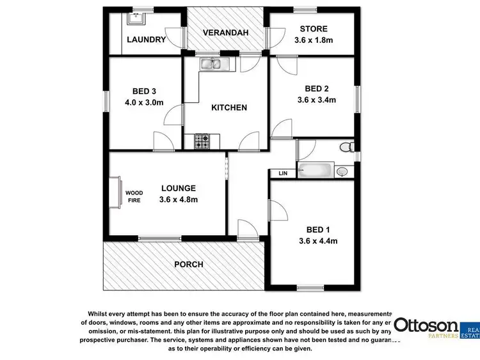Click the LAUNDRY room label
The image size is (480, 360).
coord(146,40)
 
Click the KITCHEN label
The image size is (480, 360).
coord(229,107)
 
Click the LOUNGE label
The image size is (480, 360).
coord(178,188)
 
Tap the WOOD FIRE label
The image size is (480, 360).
coord(134,196)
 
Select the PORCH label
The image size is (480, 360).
coord(189,264)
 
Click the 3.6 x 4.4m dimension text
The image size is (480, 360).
coord(317,241)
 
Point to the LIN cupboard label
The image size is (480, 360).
coord(282,173)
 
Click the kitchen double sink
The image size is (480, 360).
coord(212,63)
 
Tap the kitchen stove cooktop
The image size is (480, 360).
coord(202,141)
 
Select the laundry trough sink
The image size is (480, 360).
coord(135,17)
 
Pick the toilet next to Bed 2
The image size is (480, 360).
coord(346,148)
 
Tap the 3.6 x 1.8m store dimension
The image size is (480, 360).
coord(314,40)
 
